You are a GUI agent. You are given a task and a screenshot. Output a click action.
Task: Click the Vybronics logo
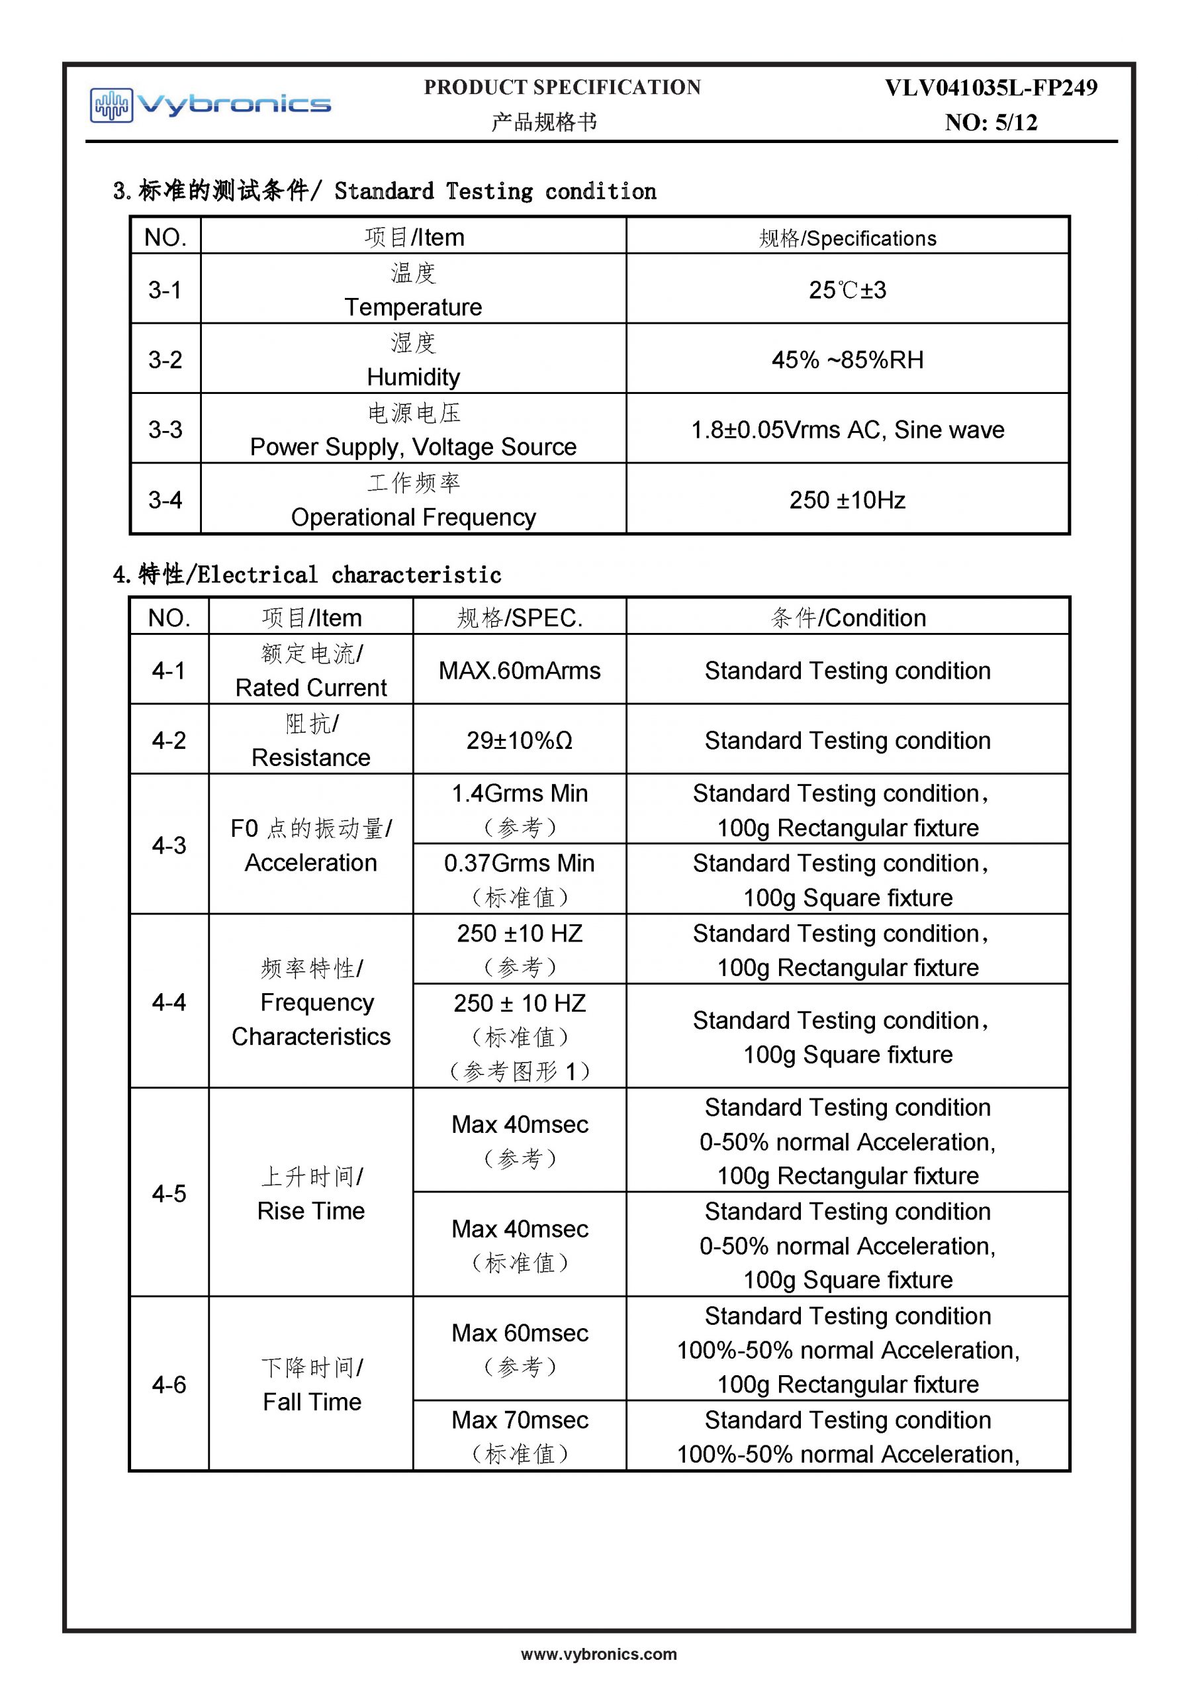(x=210, y=104)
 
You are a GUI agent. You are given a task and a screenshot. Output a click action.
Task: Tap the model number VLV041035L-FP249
(x=991, y=88)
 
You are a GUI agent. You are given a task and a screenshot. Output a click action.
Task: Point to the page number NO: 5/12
(x=991, y=122)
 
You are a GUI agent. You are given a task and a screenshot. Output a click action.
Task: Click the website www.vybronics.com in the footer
(x=598, y=1655)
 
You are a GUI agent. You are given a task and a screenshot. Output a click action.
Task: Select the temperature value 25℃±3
(x=847, y=290)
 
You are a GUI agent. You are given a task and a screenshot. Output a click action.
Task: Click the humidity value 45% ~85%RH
(x=847, y=360)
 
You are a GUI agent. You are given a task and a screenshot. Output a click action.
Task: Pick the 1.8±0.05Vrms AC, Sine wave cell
(x=847, y=430)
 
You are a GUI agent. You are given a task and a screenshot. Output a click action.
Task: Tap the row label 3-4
(x=165, y=500)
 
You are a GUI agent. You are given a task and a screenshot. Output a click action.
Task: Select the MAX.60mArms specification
(x=520, y=670)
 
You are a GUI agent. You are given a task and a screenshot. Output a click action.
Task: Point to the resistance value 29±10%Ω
(x=520, y=740)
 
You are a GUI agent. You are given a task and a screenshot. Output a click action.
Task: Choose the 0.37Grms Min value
(x=520, y=863)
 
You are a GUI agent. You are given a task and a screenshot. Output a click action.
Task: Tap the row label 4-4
(x=169, y=1002)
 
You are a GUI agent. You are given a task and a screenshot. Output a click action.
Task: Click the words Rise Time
(x=311, y=1211)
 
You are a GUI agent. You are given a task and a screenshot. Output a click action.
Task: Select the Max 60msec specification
(x=520, y=1333)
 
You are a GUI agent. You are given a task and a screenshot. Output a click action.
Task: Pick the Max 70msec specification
(x=520, y=1420)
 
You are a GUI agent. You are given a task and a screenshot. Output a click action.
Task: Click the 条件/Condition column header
(x=847, y=617)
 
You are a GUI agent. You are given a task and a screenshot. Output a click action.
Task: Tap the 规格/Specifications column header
(x=847, y=238)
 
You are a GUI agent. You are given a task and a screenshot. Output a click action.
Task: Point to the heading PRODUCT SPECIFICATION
(x=563, y=88)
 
